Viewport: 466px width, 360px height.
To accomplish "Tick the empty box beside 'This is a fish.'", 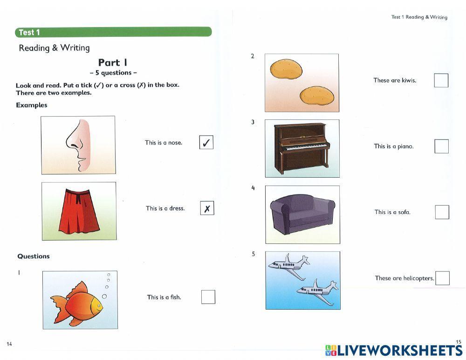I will (x=208, y=297).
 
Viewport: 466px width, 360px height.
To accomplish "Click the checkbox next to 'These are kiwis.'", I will (x=441, y=80).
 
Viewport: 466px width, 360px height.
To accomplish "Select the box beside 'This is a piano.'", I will (x=441, y=146).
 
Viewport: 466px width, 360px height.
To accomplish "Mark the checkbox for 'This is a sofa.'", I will (x=442, y=212).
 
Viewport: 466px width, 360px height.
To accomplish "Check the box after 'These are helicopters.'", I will (x=442, y=278).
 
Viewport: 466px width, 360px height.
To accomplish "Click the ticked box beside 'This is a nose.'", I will (x=206, y=142).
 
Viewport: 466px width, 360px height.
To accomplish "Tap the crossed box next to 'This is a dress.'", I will (x=207, y=208).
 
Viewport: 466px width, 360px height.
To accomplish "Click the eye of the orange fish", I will (x=99, y=306).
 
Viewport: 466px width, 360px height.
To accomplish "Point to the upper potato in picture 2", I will (x=286, y=69).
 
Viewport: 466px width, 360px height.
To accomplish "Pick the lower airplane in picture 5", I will (x=317, y=291).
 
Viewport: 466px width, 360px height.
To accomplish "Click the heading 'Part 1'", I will (x=113, y=62).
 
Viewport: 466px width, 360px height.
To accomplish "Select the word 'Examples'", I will (x=32, y=105).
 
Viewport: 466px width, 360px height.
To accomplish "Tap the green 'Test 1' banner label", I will (x=29, y=32).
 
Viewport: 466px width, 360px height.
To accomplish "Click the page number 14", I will (x=9, y=344).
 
